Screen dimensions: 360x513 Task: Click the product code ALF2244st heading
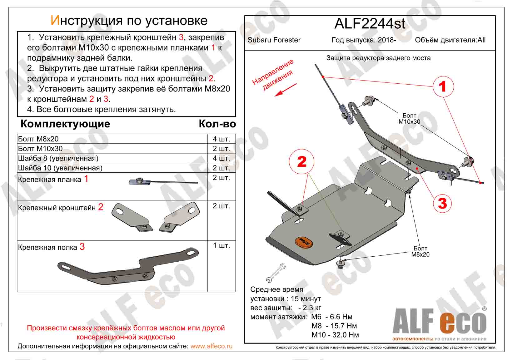[370, 24]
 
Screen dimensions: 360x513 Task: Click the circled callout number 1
[442, 86]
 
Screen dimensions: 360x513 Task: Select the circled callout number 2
[302, 162]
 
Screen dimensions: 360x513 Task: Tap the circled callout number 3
[442, 203]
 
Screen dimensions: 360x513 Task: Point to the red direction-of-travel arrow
[285, 90]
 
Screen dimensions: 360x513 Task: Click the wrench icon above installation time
[275, 273]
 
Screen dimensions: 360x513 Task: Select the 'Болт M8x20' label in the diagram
[420, 251]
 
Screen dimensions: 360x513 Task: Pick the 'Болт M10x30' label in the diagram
[409, 119]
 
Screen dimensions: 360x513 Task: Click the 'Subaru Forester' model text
[274, 40]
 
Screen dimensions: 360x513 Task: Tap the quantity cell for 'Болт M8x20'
[221, 139]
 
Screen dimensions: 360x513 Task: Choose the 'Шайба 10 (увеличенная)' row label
[60, 168]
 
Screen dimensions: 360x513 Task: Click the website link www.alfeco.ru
[211, 346]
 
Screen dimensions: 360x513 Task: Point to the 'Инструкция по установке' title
[129, 21]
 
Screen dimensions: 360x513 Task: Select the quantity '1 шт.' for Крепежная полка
[221, 245]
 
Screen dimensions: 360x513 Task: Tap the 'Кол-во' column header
[217, 124]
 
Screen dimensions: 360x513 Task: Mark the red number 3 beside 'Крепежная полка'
[82, 247]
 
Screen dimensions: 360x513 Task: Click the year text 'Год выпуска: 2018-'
[364, 40]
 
